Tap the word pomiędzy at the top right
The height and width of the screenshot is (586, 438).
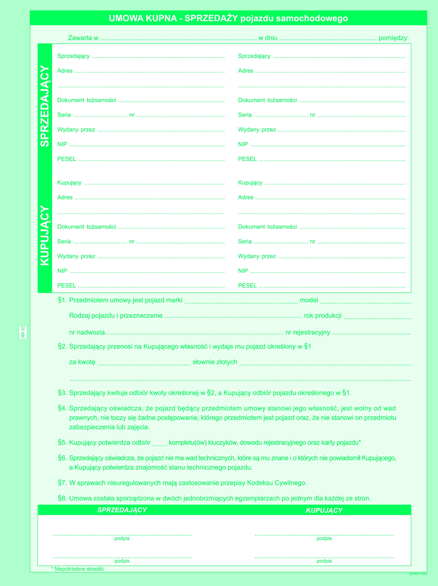tap(393, 38)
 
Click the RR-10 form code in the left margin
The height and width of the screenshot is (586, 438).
tap(23, 332)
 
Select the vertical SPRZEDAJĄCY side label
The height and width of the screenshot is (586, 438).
tap(45, 106)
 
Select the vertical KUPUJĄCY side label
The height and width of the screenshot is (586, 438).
tap(45, 235)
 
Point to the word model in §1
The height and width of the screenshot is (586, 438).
tap(309, 300)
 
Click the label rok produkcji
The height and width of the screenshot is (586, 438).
tap(323, 315)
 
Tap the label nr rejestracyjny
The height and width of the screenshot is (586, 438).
tap(308, 332)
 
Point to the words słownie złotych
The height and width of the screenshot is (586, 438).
tap(215, 362)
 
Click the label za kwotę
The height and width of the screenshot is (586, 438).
tap(82, 362)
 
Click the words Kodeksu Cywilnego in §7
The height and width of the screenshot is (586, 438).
tap(277, 483)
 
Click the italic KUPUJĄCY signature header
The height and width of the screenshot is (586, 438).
tap(324, 510)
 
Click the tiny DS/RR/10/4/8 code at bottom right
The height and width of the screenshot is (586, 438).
tap(418, 574)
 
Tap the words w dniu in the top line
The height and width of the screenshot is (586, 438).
tap(268, 38)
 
